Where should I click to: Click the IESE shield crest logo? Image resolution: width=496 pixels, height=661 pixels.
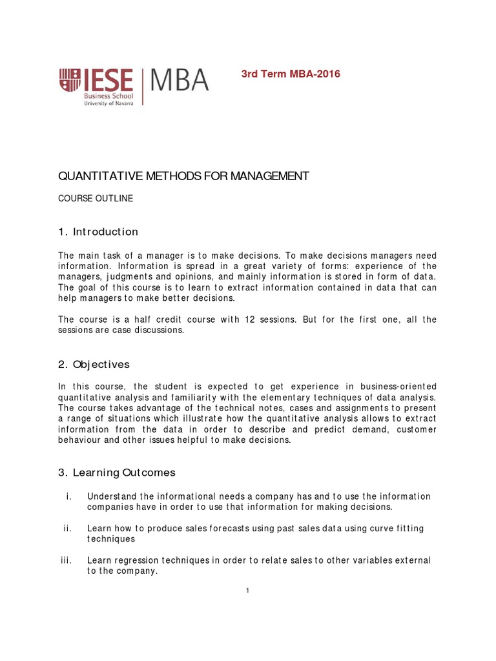[x=70, y=81]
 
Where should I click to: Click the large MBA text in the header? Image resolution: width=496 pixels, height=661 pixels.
[x=180, y=81]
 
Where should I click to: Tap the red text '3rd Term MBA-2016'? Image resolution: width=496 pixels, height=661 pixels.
[x=291, y=74]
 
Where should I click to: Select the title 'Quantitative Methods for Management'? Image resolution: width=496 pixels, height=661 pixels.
[x=184, y=177]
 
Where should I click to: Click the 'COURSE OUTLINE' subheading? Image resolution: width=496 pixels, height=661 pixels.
[x=96, y=199]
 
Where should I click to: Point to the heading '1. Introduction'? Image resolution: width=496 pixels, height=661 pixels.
[x=98, y=232]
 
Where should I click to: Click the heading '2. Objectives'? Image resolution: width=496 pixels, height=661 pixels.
[x=94, y=364]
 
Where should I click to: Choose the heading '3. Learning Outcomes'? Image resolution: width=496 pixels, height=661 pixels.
[x=117, y=473]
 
